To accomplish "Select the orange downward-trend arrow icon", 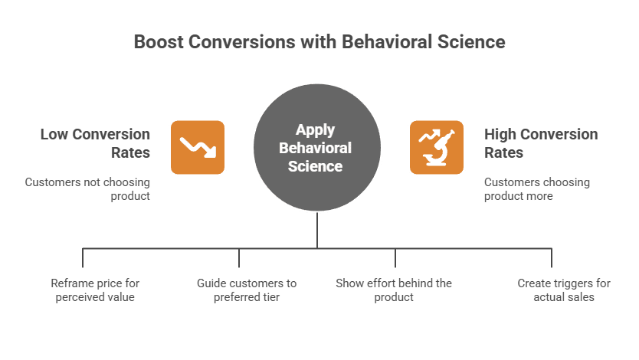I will [198, 147].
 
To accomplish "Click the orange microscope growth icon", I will [437, 147].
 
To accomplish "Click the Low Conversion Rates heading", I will [95, 143].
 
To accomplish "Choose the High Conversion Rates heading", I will [540, 143].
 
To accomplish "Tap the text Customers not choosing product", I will [87, 189].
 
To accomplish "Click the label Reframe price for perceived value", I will [95, 290].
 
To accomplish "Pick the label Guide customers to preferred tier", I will [246, 290].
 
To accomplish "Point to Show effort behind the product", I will [394, 290].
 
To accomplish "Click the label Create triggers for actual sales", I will [564, 290].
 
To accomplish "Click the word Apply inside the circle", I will [315, 129].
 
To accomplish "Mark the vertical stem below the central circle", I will [316, 230].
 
